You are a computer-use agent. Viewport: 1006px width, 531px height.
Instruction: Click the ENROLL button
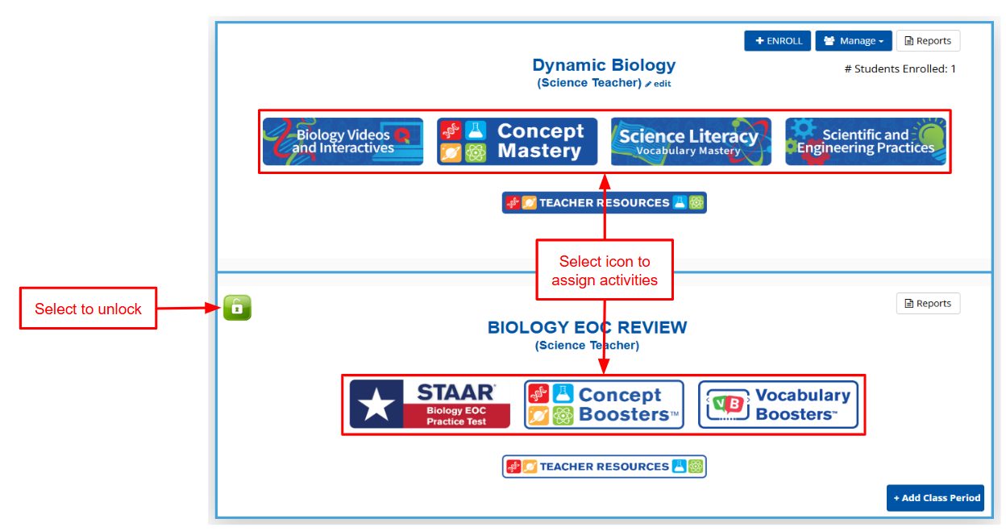(x=777, y=41)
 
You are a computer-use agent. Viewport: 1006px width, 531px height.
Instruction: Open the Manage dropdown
(x=854, y=41)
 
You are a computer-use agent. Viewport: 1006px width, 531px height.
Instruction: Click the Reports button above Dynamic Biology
(x=928, y=41)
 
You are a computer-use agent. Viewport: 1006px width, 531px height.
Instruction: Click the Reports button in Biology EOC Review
(x=928, y=304)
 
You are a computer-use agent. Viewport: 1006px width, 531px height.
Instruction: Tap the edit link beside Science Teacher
(x=659, y=84)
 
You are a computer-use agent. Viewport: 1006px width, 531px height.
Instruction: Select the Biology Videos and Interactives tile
(x=343, y=141)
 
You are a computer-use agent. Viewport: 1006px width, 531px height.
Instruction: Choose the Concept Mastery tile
(x=517, y=141)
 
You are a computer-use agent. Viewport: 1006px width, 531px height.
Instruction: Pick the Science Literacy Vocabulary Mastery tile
(x=691, y=141)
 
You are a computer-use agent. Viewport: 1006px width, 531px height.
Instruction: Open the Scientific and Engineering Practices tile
(x=866, y=141)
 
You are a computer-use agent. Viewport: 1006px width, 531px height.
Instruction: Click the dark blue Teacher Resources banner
(x=604, y=203)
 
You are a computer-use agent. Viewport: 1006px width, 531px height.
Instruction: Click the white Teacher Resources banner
(x=604, y=467)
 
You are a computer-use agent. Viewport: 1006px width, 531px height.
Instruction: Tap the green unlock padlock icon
(x=237, y=308)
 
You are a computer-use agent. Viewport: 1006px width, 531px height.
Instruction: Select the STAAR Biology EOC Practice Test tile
(x=430, y=404)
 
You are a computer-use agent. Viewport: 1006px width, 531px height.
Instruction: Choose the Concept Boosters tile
(x=604, y=404)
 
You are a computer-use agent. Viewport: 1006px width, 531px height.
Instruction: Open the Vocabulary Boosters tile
(x=779, y=404)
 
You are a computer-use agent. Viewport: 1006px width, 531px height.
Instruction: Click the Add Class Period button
(x=936, y=498)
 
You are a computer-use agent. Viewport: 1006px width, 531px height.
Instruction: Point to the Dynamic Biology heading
(x=604, y=65)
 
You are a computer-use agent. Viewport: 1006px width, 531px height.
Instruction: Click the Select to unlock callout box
(x=88, y=309)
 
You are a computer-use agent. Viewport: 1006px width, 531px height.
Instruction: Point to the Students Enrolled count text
(x=900, y=68)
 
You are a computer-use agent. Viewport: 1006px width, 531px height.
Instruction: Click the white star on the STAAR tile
(x=376, y=404)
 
